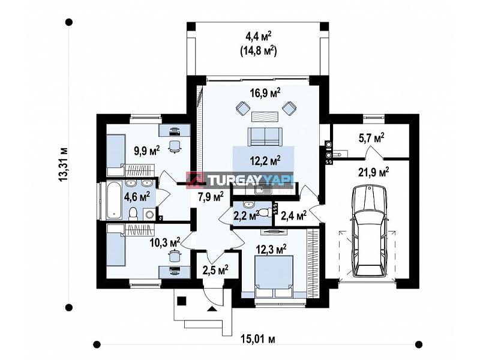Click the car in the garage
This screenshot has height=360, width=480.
[x=370, y=231]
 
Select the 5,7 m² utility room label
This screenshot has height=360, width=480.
[x=371, y=139]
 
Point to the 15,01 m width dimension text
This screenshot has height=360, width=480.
[x=258, y=339]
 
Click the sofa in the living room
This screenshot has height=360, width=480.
[x=265, y=137]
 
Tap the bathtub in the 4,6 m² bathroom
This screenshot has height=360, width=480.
[x=114, y=200]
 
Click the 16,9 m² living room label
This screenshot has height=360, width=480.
[x=265, y=93]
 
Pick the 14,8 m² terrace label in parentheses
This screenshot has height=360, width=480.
[x=259, y=51]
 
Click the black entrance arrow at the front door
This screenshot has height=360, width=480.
[x=211, y=308]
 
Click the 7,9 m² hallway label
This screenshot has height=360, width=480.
[x=211, y=197]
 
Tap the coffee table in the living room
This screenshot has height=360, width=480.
[x=265, y=116]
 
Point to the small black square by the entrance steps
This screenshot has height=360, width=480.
[x=182, y=301]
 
